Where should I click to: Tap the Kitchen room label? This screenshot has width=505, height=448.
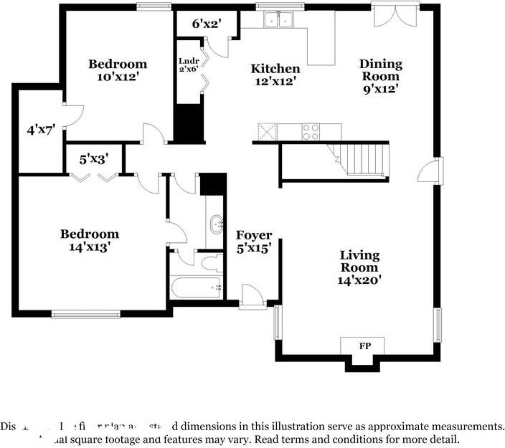coord(275,69)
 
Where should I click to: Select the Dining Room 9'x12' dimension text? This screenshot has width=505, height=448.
coord(380,89)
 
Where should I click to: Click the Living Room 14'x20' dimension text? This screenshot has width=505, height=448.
coord(360,280)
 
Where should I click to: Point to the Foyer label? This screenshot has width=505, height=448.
coord(254,235)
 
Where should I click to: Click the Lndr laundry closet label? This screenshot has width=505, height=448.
coord(188,60)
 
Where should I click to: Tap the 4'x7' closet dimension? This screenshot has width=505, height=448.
coord(41,130)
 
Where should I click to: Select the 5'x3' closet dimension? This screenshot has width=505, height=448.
coord(93,159)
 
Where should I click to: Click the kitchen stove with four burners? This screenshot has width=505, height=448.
coord(311,131)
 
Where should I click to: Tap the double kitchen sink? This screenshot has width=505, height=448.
coord(278,20)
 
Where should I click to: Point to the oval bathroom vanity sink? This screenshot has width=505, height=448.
coord(215,225)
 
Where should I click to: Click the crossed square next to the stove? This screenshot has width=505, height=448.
coord(268,131)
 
